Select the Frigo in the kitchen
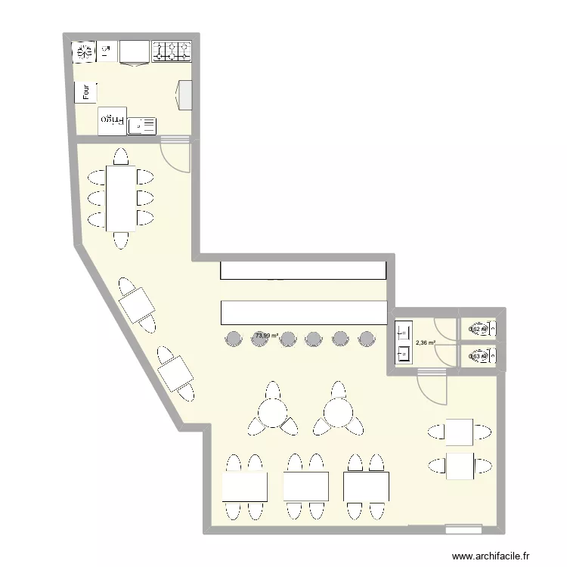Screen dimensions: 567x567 click(x=112, y=120)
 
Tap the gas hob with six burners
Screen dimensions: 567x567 click(x=172, y=51)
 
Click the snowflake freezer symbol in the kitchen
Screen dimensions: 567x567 click(x=82, y=51)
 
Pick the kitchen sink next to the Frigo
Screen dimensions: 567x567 click(x=142, y=125)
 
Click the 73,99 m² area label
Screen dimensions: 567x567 click(x=266, y=336)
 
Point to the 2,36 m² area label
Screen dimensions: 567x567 click(x=426, y=342)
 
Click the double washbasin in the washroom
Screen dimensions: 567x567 click(x=402, y=343)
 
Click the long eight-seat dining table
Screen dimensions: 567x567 click(x=121, y=198)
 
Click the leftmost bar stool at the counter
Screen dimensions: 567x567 click(x=231, y=339)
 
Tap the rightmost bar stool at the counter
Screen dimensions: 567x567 click(x=367, y=339)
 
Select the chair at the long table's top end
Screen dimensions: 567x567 click(x=121, y=156)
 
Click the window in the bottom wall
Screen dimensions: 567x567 click(x=463, y=527)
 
